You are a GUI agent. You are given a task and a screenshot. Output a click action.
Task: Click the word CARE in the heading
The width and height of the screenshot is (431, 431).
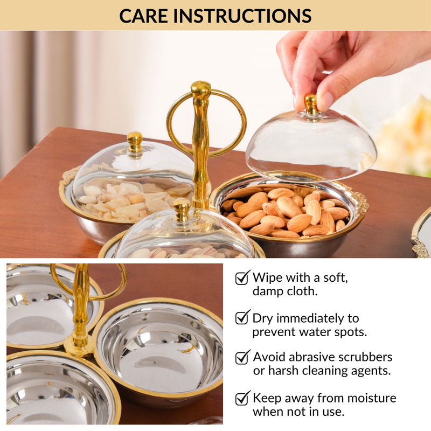point(143,16)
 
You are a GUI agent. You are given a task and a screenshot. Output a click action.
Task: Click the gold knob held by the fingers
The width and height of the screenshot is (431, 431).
point(311,105)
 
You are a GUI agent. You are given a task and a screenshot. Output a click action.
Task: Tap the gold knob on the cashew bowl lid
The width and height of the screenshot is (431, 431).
point(135,142)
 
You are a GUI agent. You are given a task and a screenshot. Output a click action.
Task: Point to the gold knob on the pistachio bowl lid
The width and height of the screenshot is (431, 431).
point(182,209)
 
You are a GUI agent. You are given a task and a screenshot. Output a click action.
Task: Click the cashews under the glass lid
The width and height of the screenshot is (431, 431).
point(135,199)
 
